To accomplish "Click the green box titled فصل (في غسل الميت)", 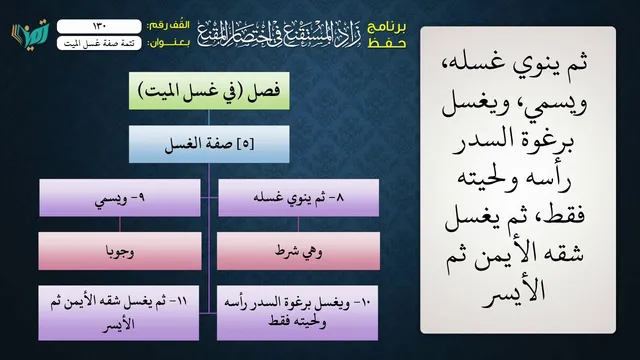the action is [209, 91].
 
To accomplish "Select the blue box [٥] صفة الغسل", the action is [209, 144].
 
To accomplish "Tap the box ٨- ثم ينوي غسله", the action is [298, 198].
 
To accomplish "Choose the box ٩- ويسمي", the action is [120, 198].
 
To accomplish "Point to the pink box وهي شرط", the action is [298, 251].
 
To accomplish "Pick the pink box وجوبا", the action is [120, 251].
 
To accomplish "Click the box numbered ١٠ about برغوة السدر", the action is [297, 313].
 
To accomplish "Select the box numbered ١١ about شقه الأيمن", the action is [119, 313].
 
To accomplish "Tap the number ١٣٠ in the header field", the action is [100, 26].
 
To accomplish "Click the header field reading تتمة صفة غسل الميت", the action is [99, 43].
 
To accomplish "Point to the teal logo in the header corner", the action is [30, 34].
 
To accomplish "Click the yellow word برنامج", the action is [387, 27].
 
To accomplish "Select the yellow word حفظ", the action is [387, 43].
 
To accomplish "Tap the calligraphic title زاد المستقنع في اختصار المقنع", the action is [280, 33].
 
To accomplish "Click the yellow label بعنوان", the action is [168, 43].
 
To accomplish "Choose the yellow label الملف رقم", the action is [168, 26].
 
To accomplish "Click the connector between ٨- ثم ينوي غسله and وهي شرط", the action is [298, 224].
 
